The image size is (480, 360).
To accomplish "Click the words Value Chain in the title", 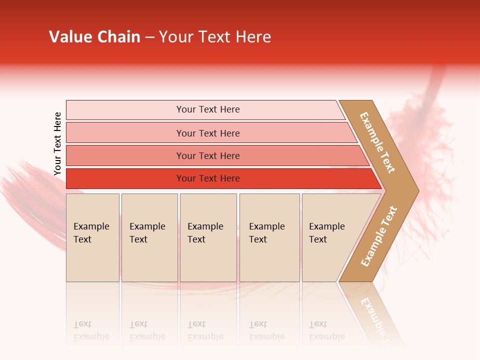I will point(94,37).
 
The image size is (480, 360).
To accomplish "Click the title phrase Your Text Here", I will point(215,37).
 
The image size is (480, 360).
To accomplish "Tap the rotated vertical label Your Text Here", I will point(57,143).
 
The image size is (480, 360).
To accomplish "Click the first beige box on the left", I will point(92,237).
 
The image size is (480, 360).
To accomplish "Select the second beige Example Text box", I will point(149,237).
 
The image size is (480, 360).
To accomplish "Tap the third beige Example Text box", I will point(208,237).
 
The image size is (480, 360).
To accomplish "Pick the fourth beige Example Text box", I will point(269,237).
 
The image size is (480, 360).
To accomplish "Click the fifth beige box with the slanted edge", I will point(330,237).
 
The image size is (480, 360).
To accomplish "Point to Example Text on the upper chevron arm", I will point(377,142).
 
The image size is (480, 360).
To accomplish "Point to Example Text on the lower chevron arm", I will point(379,236).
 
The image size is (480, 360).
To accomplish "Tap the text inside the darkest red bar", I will point(208,178).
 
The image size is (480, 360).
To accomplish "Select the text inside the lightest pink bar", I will point(208,109).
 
